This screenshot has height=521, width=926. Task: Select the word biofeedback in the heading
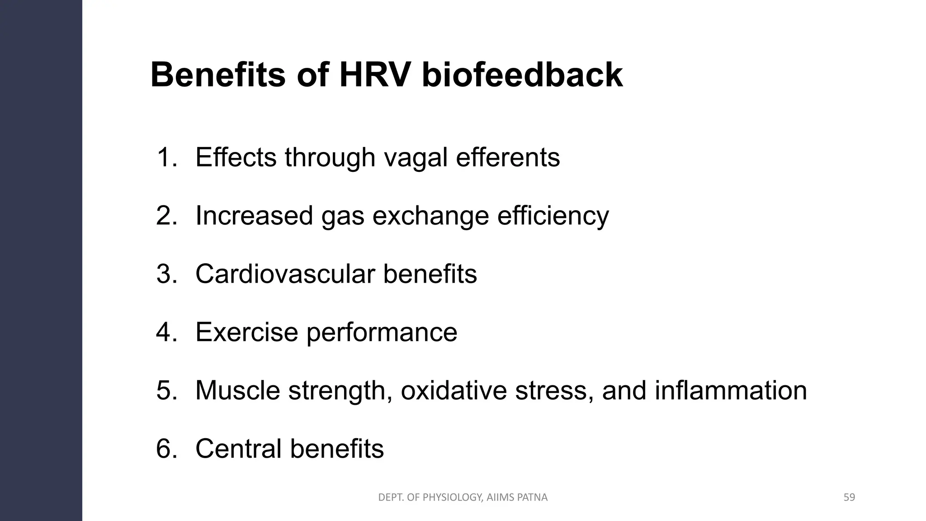click(522, 75)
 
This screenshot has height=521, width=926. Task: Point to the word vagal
click(416, 158)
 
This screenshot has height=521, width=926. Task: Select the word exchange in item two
click(430, 217)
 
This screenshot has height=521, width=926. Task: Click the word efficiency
click(553, 217)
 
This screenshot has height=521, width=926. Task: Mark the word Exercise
click(246, 332)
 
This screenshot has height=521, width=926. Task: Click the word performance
click(382, 333)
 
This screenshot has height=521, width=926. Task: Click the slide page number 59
click(849, 497)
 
